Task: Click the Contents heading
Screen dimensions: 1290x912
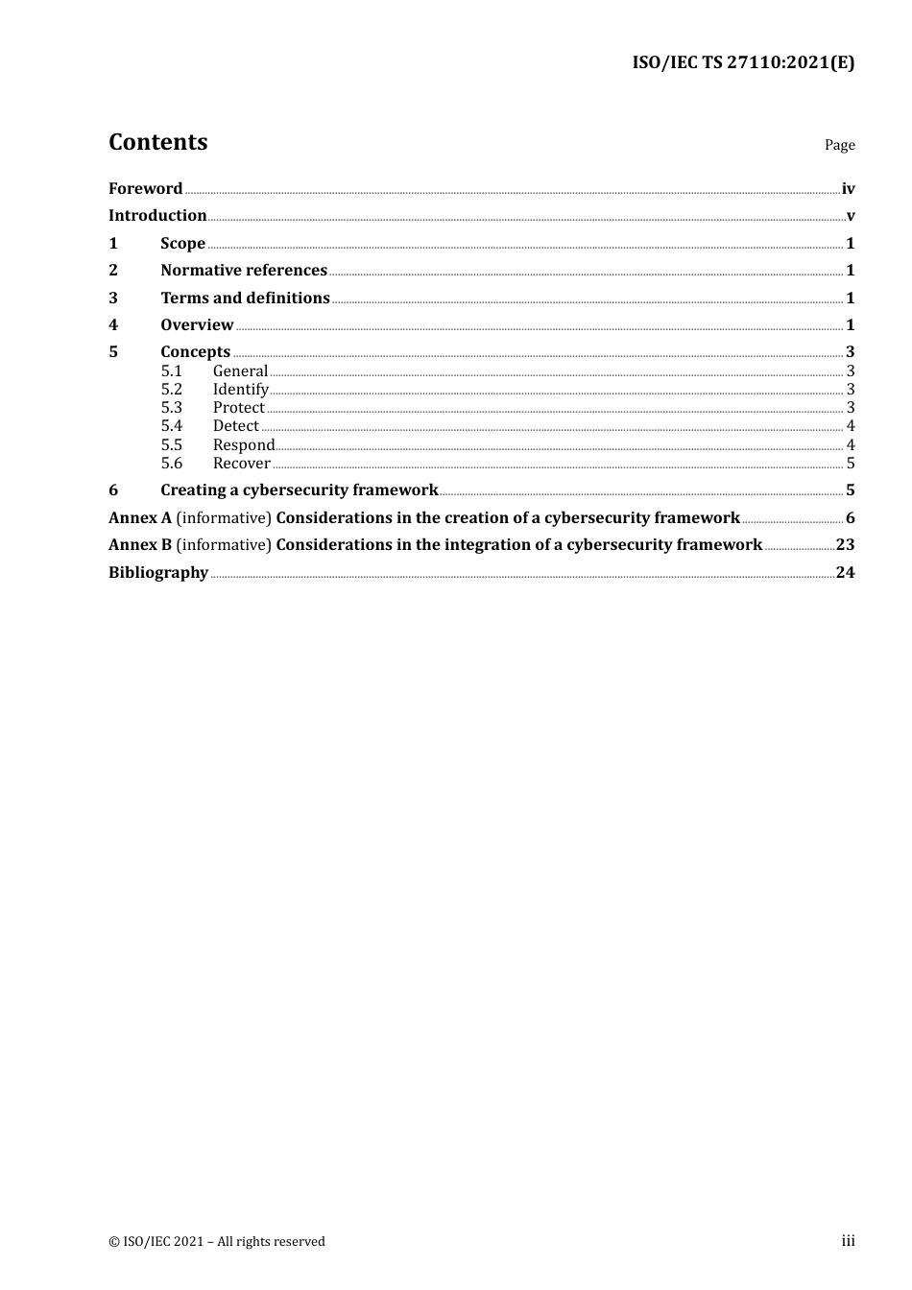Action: tap(157, 142)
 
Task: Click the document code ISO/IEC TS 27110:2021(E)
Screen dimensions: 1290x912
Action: tap(743, 63)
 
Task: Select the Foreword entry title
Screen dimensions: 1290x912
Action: tap(145, 189)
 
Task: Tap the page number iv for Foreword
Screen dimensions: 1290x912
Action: tap(848, 189)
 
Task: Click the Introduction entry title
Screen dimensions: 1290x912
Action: tap(157, 216)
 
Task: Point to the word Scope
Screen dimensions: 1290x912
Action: tap(182, 244)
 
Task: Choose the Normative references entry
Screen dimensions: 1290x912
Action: tap(244, 271)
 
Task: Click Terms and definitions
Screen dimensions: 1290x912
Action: tap(245, 299)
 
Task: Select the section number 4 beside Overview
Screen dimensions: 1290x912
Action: tap(113, 325)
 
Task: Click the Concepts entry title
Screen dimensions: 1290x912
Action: tap(195, 352)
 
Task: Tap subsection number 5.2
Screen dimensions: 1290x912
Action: tap(171, 390)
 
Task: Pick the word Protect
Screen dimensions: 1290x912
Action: tap(238, 408)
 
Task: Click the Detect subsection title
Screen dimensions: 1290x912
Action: tap(235, 426)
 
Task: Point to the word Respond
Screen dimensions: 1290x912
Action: tap(244, 445)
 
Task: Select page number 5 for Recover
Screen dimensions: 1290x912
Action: tap(851, 464)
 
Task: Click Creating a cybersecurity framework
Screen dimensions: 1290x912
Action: tap(299, 490)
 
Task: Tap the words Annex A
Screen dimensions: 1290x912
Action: tap(140, 518)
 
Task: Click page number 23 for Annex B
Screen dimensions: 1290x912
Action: tap(845, 545)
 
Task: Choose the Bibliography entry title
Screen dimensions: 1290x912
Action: tap(158, 573)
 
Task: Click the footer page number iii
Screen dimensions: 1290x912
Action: tap(848, 1241)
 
